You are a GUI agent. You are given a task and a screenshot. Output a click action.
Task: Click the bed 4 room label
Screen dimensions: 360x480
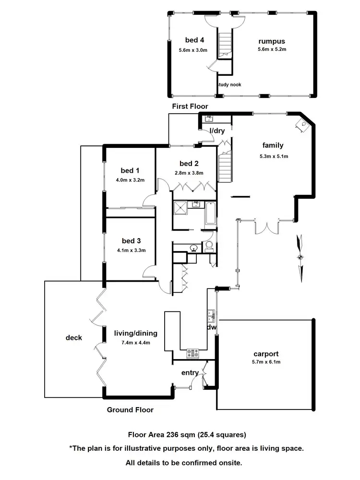(x=195, y=40)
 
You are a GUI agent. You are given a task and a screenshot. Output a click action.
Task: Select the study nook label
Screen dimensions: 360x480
(x=229, y=84)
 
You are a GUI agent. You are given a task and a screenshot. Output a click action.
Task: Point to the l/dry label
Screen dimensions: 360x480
(x=213, y=131)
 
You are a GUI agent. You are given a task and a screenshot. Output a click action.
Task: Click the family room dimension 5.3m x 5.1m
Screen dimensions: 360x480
(x=272, y=156)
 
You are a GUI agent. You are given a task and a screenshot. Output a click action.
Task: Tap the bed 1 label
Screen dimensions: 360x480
(x=130, y=170)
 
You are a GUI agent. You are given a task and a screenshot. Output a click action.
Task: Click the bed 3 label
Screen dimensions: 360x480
(x=131, y=241)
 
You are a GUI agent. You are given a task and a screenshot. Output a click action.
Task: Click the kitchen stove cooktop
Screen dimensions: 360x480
(x=193, y=353)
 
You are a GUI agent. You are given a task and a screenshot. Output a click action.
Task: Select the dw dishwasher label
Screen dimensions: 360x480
(x=212, y=327)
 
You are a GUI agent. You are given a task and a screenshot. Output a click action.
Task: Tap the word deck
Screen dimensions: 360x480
(x=73, y=337)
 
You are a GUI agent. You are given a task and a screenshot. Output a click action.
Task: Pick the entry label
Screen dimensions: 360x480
(x=190, y=373)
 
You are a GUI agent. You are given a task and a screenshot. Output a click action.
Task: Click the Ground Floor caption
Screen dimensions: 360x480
(x=130, y=410)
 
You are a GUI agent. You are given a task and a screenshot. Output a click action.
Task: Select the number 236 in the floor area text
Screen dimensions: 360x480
(x=172, y=435)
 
